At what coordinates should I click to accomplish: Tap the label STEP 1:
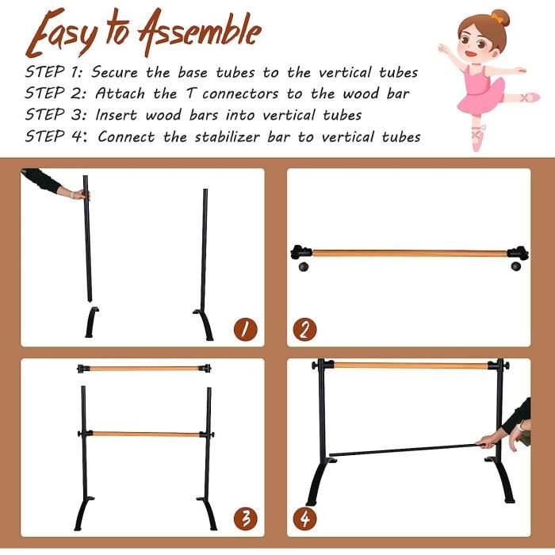tap(54, 72)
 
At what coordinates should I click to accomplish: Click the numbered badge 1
tap(244, 328)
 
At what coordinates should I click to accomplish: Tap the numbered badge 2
tap(304, 328)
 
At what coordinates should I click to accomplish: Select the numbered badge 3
tap(245, 519)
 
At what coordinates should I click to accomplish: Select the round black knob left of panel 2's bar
tap(303, 267)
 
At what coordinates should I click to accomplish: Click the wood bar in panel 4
tap(408, 366)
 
